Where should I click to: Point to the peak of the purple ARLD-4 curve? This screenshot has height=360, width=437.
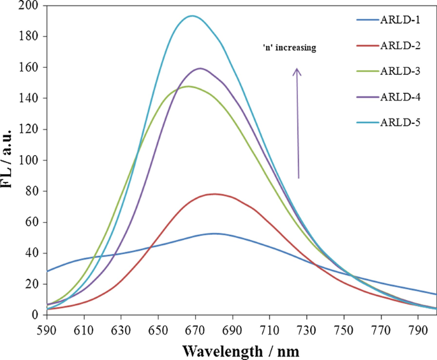pos(200,68)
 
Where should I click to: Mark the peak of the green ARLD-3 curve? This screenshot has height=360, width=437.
pos(188,86)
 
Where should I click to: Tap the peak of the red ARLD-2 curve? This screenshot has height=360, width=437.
pos(214,194)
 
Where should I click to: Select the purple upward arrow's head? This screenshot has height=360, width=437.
pos(297,71)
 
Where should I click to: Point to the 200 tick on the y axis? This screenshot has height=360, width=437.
pos(30,6)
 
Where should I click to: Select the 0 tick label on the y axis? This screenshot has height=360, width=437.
pos(36,315)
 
